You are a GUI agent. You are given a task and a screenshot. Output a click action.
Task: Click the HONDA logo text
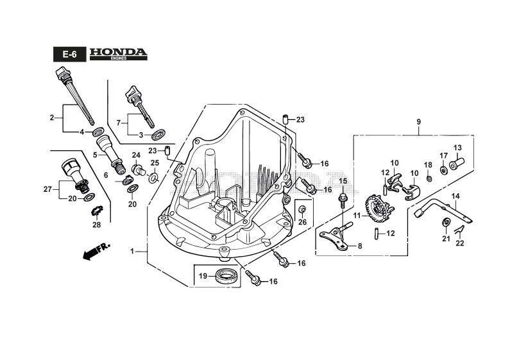pyautogui.click(x=119, y=52)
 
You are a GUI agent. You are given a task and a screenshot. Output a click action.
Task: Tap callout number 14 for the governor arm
pyautogui.click(x=455, y=196)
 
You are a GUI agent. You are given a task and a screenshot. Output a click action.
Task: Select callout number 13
pyautogui.click(x=457, y=148)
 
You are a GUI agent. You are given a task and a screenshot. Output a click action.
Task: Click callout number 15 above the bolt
pyautogui.click(x=343, y=181)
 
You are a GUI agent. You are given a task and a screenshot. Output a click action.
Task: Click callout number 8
pyautogui.click(x=359, y=246)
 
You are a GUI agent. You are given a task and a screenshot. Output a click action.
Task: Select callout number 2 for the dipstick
pyautogui.click(x=52, y=117)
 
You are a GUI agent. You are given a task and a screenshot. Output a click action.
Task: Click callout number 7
pyautogui.click(x=119, y=122)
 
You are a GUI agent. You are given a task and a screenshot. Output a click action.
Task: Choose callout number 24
pyautogui.click(x=136, y=156)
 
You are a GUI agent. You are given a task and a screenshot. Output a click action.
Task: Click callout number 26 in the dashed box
pyautogui.click(x=303, y=223)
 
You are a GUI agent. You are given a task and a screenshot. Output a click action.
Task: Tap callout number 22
pyautogui.click(x=459, y=243)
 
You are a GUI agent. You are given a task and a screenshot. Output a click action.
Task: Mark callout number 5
pyautogui.click(x=94, y=155)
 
